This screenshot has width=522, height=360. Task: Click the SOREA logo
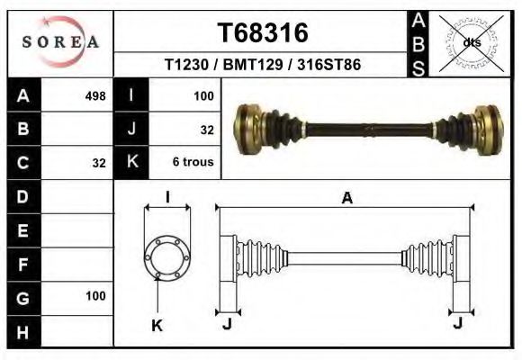tap(60, 42)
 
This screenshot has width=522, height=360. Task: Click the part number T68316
tap(263, 33)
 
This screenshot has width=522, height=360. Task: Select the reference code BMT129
tap(263, 66)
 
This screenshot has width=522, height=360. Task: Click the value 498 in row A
tap(94, 95)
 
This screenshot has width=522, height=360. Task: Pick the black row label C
tap(23, 163)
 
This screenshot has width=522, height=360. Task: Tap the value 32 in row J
tap(206, 130)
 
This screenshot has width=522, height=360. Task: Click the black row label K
tap(133, 163)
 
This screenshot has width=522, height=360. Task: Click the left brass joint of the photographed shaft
tap(250, 124)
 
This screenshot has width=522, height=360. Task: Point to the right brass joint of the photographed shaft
tap(486, 124)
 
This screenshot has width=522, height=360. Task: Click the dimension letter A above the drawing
tap(346, 199)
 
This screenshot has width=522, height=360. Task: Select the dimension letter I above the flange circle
tap(167, 198)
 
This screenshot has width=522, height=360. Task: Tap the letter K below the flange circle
tap(157, 327)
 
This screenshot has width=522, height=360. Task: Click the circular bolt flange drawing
tap(167, 256)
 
